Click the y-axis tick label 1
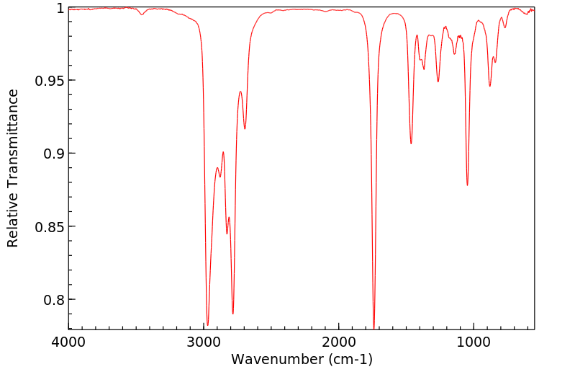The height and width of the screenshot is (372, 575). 60,8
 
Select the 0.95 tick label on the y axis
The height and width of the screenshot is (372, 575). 49,81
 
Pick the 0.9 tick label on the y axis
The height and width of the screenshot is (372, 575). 53,154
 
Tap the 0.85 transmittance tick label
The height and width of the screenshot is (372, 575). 49,226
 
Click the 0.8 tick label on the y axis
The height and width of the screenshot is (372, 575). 53,300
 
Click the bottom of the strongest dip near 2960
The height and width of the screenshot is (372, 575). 208,325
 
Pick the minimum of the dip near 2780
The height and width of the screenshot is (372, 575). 233,314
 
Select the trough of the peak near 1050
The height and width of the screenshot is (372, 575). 467,185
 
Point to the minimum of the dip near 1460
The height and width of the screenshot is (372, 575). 411,143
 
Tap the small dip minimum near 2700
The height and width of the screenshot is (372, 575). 245,129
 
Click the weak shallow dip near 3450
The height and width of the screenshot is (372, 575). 142,14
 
